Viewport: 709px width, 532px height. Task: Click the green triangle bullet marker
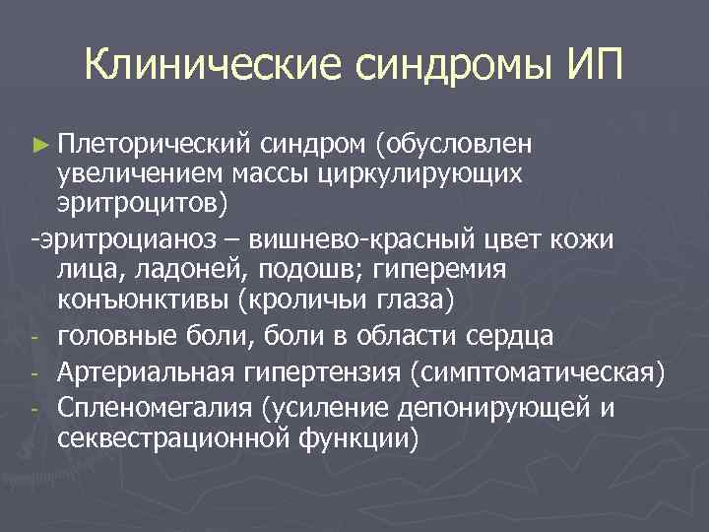(39, 145)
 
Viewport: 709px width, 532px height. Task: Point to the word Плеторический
(156, 144)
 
